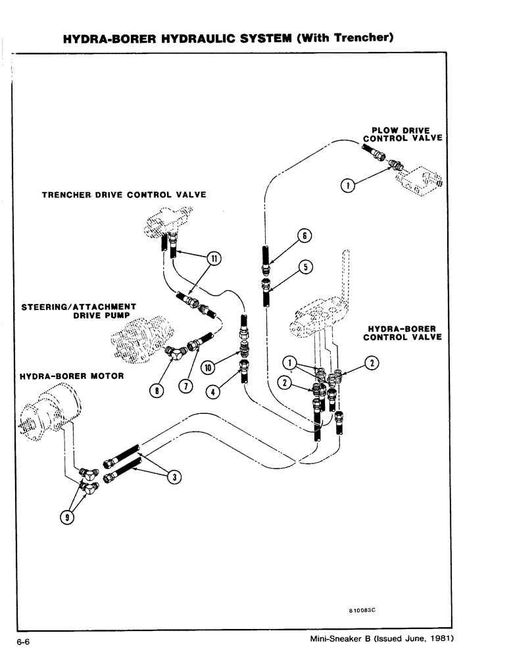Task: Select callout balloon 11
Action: point(213,259)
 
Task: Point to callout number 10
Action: point(208,368)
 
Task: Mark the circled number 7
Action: point(186,386)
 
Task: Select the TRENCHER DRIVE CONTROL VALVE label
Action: point(124,195)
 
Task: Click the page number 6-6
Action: point(24,640)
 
